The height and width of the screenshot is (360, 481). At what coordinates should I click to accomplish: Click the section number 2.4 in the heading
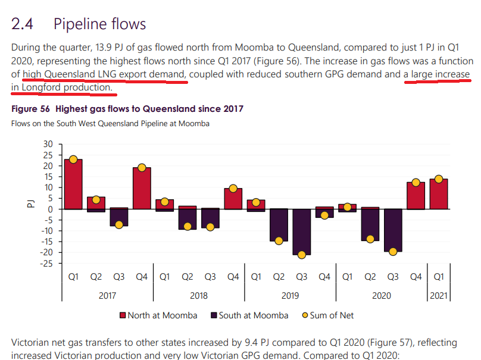pyautogui.click(x=23, y=24)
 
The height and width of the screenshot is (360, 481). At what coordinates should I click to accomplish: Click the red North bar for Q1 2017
pyautogui.click(x=73, y=184)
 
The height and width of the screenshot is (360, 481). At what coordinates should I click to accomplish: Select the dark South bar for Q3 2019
pyautogui.click(x=302, y=231)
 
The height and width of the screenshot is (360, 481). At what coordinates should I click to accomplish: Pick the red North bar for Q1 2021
pyautogui.click(x=439, y=194)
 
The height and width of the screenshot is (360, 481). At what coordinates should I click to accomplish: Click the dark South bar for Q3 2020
pyautogui.click(x=393, y=230)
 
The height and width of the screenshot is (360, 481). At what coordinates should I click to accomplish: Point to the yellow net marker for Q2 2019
pyautogui.click(x=279, y=240)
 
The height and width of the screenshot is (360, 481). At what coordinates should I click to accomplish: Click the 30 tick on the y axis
pyautogui.click(x=48, y=144)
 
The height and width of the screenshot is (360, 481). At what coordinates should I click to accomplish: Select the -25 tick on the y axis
pyautogui.click(x=46, y=263)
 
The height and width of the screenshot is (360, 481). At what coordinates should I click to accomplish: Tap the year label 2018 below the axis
pyautogui.click(x=199, y=296)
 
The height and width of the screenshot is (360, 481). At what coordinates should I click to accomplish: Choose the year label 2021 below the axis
pyautogui.click(x=439, y=296)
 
